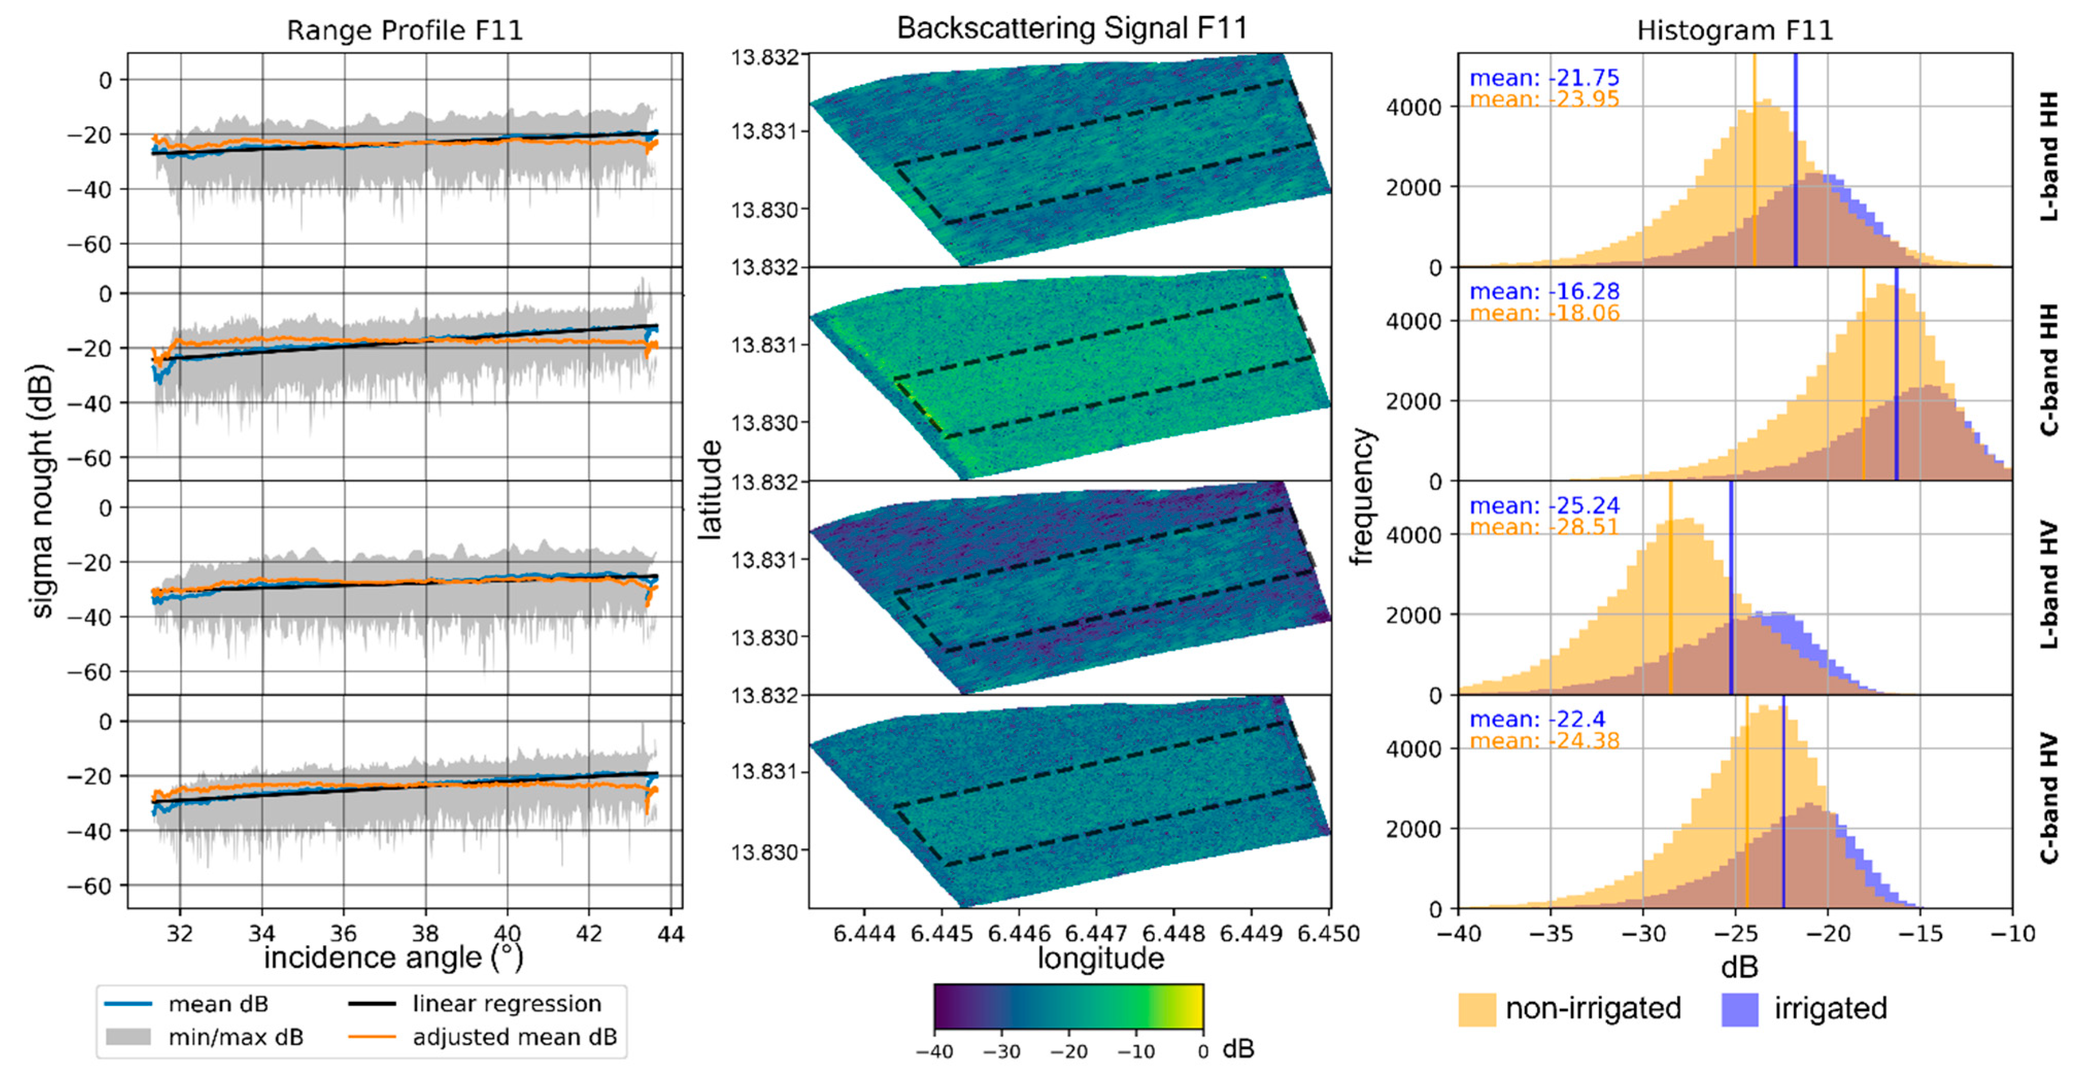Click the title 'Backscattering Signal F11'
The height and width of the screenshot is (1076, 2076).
(1072, 28)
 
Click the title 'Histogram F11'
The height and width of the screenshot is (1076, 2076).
(1734, 30)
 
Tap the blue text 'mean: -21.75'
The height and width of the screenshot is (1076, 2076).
(1543, 78)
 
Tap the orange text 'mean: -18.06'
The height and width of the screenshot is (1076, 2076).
(1543, 314)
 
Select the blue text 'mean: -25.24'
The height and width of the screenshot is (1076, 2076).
(1543, 506)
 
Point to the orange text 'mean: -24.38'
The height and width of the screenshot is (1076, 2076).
(1543, 741)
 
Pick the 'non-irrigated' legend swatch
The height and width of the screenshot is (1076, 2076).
(1476, 1009)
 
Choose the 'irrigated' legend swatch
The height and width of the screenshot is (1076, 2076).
(1739, 1009)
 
